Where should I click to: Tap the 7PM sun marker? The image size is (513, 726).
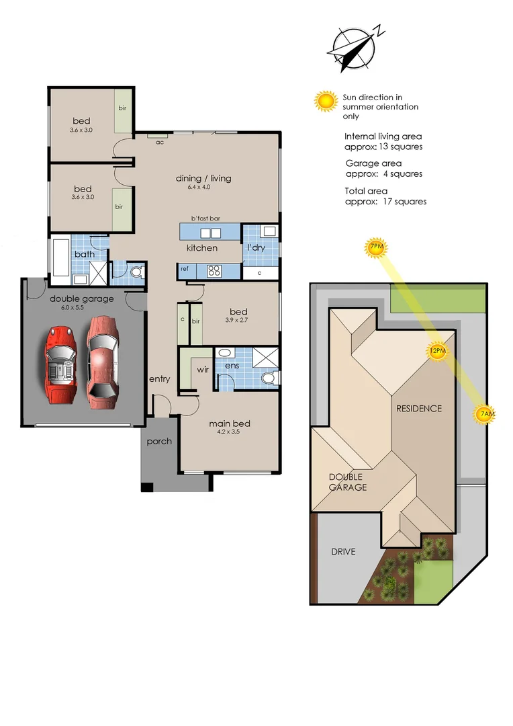pos(376,248)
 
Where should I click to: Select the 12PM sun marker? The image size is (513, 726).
pos(438,351)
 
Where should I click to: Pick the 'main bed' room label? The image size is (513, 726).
pos(229,424)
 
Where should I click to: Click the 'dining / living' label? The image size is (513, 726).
pos(203,178)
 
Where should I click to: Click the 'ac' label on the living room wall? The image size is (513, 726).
pos(160,142)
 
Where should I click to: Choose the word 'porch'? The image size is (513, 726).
pos(159,442)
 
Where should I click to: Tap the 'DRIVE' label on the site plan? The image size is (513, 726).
pos(343,552)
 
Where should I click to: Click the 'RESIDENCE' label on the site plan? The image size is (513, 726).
pos(418,408)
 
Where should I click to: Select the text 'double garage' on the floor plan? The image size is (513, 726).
pos(81,299)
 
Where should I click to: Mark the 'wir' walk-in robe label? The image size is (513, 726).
pos(203,370)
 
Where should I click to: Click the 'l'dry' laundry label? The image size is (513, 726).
pos(256,247)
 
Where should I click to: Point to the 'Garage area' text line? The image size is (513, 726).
pos(373,163)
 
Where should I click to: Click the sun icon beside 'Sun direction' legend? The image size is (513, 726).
pos(326,102)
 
